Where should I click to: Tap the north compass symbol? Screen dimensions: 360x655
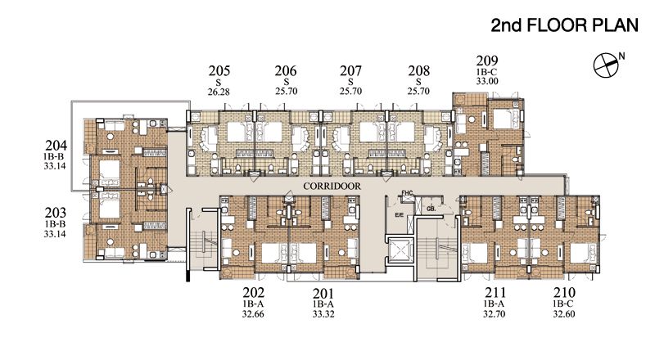click(606, 62)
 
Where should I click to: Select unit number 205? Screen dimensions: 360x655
click(219, 70)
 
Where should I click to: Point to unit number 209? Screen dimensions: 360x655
click(487, 61)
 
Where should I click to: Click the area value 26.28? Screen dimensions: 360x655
click(219, 92)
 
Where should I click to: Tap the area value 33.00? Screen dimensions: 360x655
click(487, 82)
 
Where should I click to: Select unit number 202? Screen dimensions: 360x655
click(253, 292)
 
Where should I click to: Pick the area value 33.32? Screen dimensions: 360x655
click(323, 313)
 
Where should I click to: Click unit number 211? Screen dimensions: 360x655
click(495, 292)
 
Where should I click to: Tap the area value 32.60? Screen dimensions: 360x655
click(564, 313)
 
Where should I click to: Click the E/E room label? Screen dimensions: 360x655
click(400, 215)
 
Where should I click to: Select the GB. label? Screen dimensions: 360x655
click(430, 209)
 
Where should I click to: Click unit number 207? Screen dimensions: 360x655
click(351, 70)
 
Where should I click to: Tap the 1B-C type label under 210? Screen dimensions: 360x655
click(564, 304)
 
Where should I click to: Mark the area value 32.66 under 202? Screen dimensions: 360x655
click(253, 313)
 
